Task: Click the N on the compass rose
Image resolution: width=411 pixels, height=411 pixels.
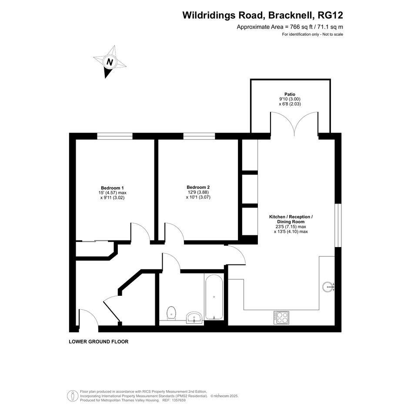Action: pyautogui.click(x=110, y=62)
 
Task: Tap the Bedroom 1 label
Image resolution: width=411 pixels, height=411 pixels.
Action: pyautogui.click(x=112, y=188)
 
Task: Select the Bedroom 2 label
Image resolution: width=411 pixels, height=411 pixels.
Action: pyautogui.click(x=198, y=187)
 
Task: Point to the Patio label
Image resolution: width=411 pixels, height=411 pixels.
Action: pyautogui.click(x=290, y=94)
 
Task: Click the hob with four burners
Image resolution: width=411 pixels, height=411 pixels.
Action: pyautogui.click(x=281, y=317)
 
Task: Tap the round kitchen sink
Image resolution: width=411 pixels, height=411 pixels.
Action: pyautogui.click(x=328, y=287)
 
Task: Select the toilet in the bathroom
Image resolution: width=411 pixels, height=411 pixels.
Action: pyautogui.click(x=171, y=313)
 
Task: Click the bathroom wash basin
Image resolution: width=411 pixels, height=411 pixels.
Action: pyautogui.click(x=194, y=318)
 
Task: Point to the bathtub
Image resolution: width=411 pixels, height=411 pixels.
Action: pyautogui.click(x=214, y=297)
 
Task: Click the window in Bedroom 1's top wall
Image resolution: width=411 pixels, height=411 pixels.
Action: pyautogui.click(x=115, y=136)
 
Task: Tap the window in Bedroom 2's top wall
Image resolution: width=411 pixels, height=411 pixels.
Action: pyautogui.click(x=199, y=136)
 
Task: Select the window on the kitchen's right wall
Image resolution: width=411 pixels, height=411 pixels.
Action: pyautogui.click(x=338, y=225)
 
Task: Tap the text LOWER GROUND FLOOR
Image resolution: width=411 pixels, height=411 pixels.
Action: pyautogui.click(x=99, y=341)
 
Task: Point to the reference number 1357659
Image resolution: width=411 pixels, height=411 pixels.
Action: pyautogui.click(x=178, y=400)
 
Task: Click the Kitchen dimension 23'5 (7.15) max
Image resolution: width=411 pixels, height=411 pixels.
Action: pyautogui.click(x=291, y=227)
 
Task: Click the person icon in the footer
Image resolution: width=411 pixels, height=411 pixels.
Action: pyautogui.click(x=71, y=396)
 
